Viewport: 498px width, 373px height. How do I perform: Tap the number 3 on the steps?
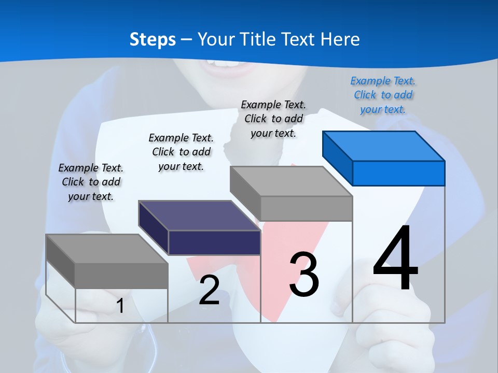point(304,275)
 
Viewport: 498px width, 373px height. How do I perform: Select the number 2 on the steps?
point(210,290)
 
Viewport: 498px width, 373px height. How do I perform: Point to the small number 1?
point(120,306)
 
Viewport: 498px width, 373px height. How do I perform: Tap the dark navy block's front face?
point(214,242)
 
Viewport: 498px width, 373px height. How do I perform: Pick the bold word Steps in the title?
point(153,39)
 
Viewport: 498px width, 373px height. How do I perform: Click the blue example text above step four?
point(383,95)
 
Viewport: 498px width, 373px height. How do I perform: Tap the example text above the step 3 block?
point(273,119)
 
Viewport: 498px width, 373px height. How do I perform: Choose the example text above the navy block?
point(181,152)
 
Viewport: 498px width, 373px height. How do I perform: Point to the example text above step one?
point(91,182)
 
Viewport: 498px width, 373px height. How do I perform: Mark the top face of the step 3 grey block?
point(291,181)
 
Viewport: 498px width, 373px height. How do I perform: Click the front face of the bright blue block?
point(398,173)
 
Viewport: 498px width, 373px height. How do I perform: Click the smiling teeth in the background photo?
point(223,64)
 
